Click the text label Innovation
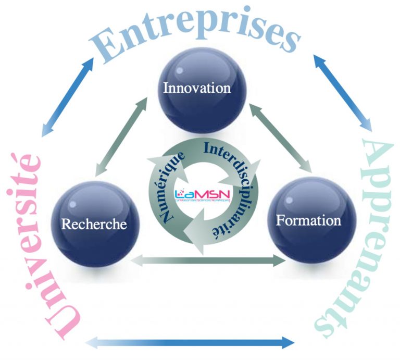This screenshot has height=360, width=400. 197,88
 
